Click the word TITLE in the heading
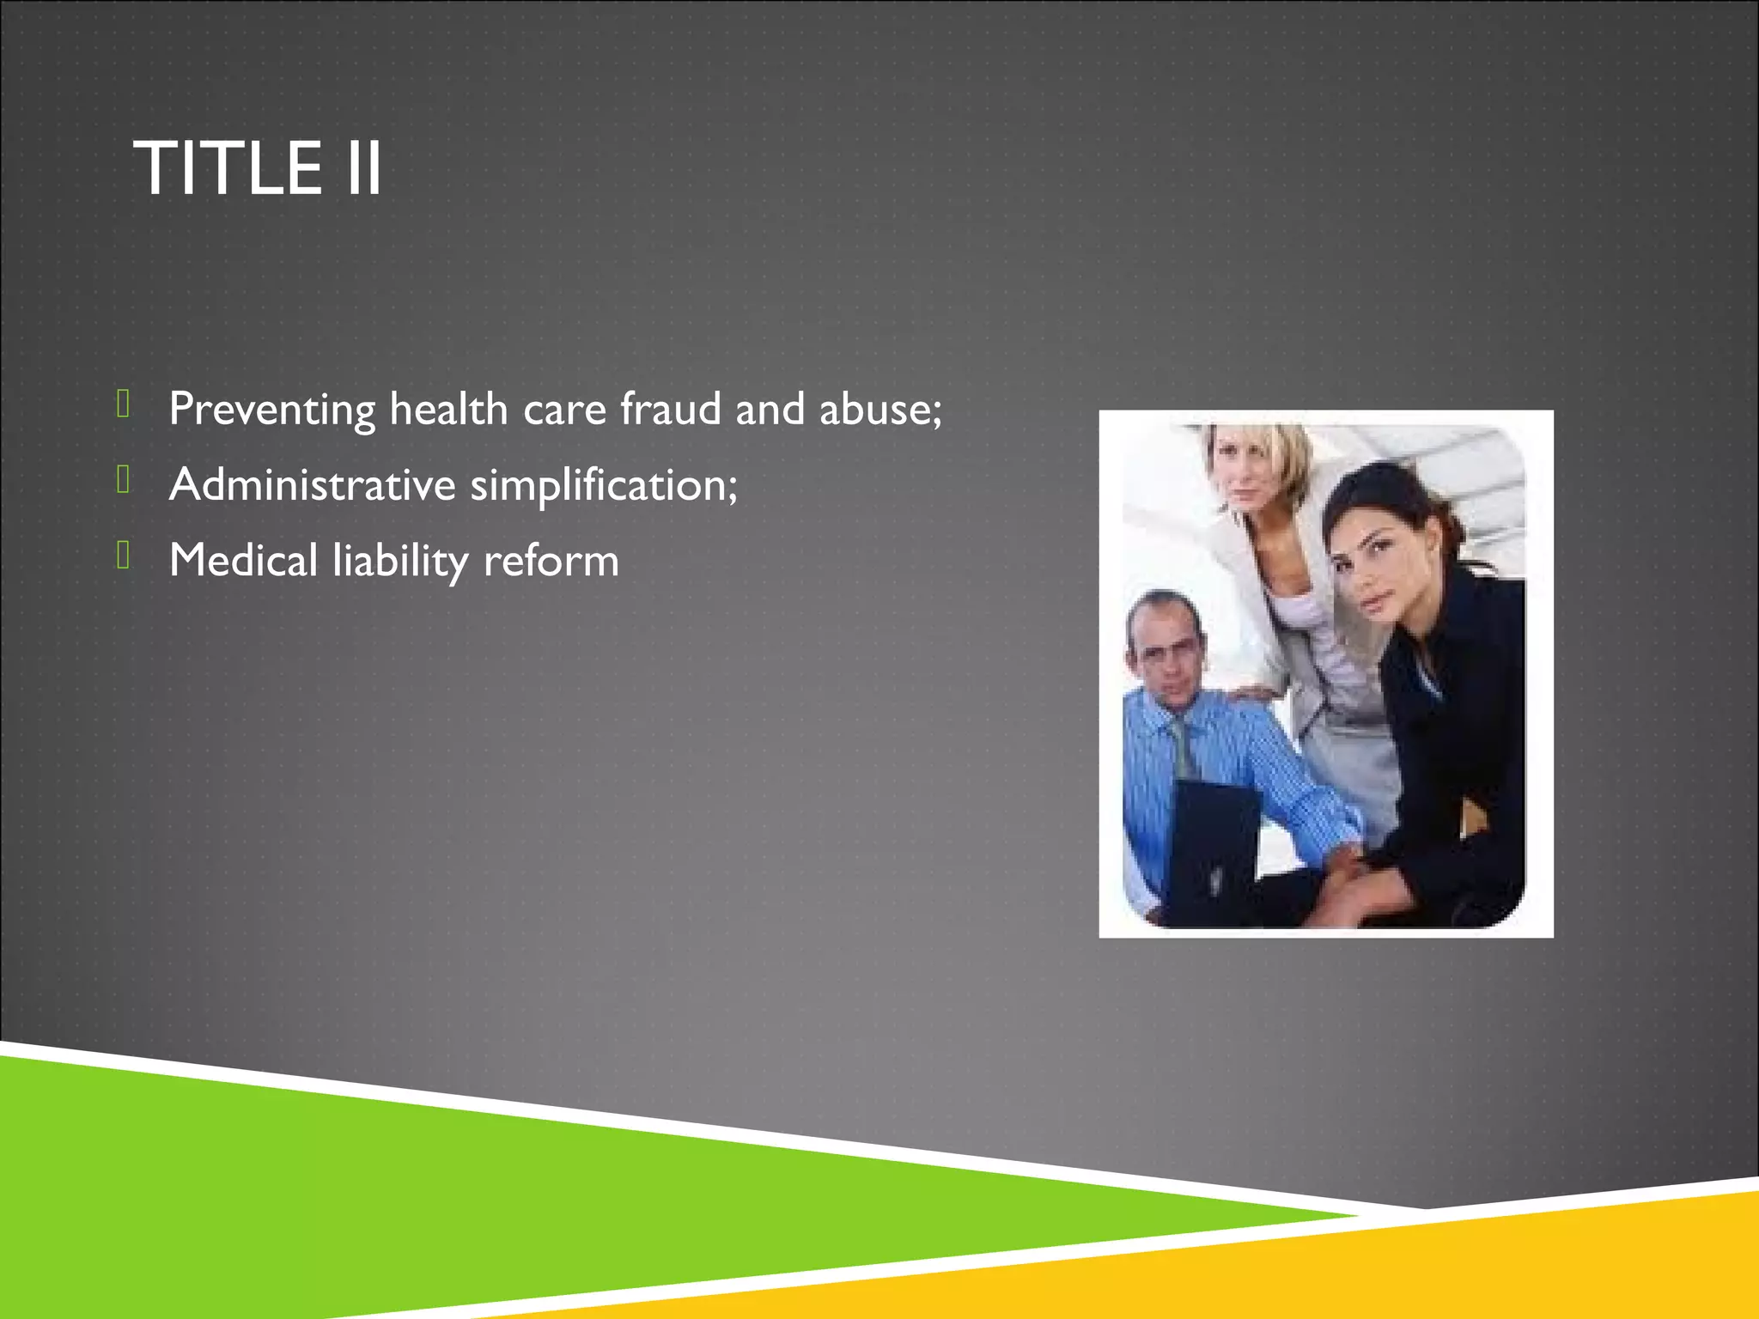point(228,169)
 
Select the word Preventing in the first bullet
point(271,410)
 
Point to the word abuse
point(879,410)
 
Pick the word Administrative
point(312,484)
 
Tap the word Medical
point(243,560)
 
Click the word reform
point(551,562)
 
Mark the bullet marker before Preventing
point(124,404)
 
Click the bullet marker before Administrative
point(124,479)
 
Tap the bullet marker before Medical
point(124,555)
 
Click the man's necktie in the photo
point(1184,747)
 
